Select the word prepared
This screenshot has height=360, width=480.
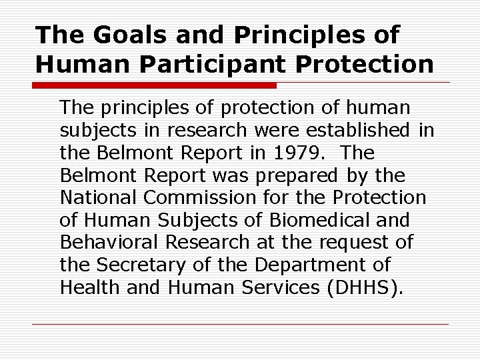(x=305, y=175)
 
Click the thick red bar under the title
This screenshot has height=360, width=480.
(x=155, y=86)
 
